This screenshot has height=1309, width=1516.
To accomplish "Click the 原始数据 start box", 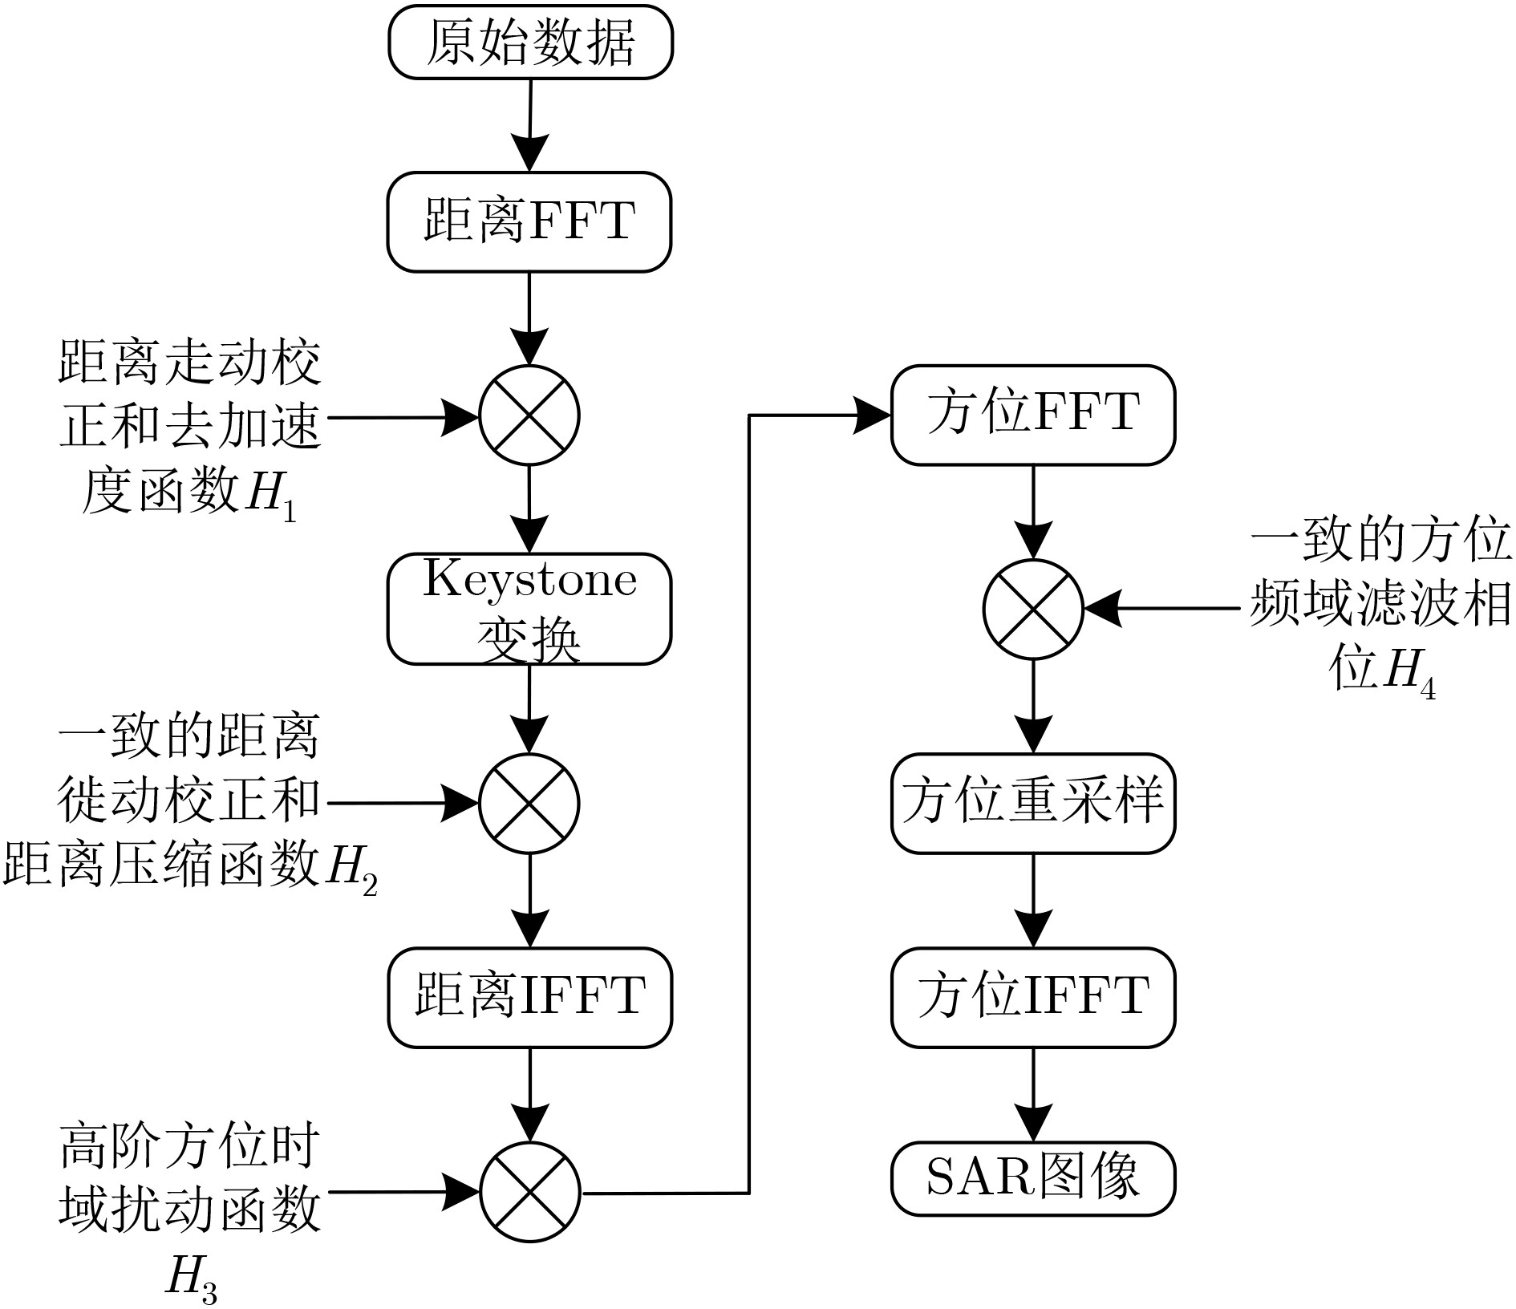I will pyautogui.click(x=529, y=43).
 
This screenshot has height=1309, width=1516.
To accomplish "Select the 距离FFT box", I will pyautogui.click(x=529, y=222).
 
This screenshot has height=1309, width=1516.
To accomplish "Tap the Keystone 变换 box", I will pyautogui.click(x=529, y=609).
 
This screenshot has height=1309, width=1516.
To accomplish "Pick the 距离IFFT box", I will pyautogui.click(x=529, y=997).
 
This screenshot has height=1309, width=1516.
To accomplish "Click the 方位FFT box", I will pyautogui.click(x=1033, y=415).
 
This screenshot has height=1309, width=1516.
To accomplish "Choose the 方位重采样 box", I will pyautogui.click(x=1033, y=803).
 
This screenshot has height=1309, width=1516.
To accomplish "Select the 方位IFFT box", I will pyautogui.click(x=1033, y=997).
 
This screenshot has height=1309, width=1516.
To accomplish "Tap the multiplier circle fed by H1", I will pyautogui.click(x=529, y=415).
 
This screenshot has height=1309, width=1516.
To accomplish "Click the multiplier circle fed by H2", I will pyautogui.click(x=529, y=803).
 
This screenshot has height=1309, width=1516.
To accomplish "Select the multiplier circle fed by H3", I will pyautogui.click(x=529, y=1192).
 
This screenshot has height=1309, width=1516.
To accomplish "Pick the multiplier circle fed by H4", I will pyautogui.click(x=1033, y=610).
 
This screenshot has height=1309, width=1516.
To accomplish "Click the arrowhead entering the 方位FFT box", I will pyautogui.click(x=873, y=415).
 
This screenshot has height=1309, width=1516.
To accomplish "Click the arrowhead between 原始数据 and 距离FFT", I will pyautogui.click(x=529, y=152).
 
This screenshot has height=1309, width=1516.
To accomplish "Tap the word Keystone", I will pyautogui.click(x=529, y=579).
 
